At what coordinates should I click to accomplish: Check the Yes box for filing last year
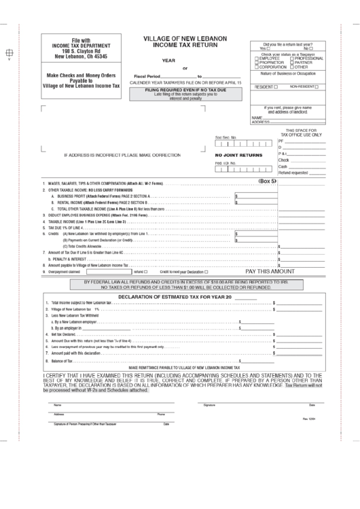click(x=269, y=49)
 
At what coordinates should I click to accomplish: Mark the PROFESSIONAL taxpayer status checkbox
click(x=292, y=58)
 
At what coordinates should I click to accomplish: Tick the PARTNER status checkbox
click(x=292, y=63)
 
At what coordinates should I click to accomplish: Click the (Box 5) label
click(x=268, y=181)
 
